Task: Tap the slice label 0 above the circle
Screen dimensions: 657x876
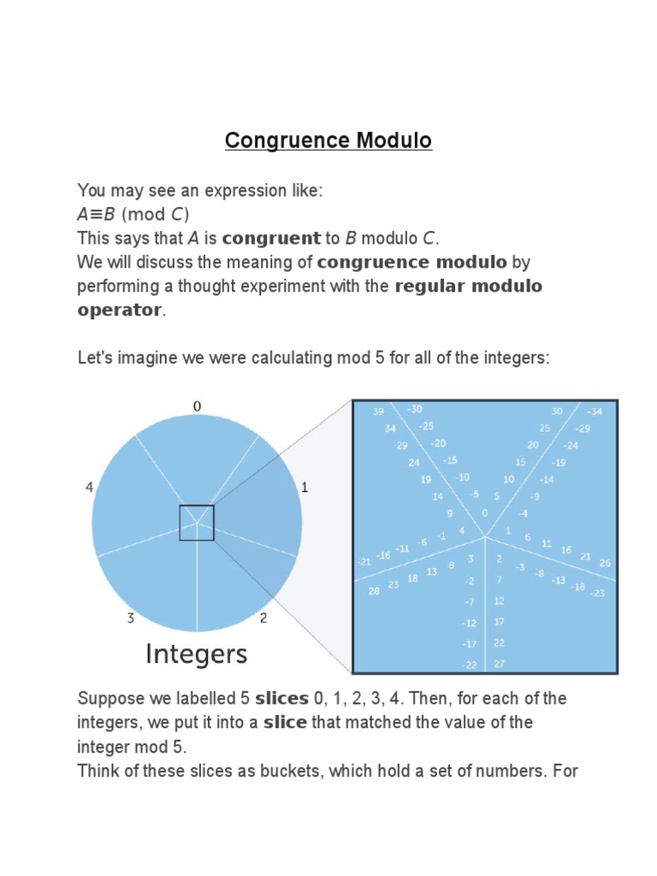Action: (197, 406)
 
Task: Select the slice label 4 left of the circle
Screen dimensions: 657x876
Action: (89, 487)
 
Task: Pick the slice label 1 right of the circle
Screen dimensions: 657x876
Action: (304, 487)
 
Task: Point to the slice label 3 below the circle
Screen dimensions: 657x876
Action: (131, 619)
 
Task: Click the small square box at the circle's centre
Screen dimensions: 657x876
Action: (197, 523)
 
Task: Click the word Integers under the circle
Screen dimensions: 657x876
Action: (197, 655)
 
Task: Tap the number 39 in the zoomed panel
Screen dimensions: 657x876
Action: (378, 411)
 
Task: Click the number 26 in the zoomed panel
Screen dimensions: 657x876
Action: (605, 562)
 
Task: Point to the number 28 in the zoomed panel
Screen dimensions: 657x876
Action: (374, 591)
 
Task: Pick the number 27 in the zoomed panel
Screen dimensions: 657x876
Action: (500, 664)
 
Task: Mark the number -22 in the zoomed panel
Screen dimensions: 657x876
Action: (470, 665)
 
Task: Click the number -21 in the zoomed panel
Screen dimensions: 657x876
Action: (364, 561)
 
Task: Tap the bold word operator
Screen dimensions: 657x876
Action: (119, 309)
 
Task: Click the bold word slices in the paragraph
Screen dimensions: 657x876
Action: (281, 698)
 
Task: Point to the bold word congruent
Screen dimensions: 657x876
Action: (270, 237)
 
